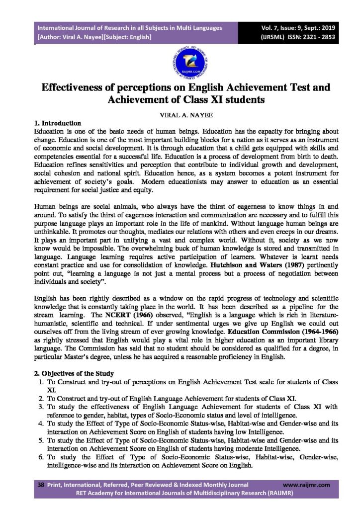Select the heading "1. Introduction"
pyautogui.click(x=57, y=123)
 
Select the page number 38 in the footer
pyautogui.click(x=40, y=484)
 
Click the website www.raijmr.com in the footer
pyautogui.click(x=306, y=484)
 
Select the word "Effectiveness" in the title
pyautogui.click(x=86, y=87)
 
